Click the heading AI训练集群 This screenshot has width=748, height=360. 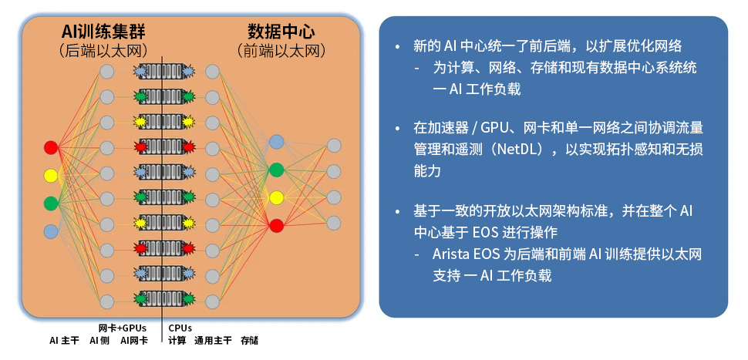(103, 32)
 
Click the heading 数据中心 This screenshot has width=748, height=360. (281, 32)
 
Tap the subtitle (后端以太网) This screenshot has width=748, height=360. (103, 51)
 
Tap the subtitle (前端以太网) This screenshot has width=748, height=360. (281, 51)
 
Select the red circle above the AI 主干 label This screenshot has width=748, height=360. (51, 147)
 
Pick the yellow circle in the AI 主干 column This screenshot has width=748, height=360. (51, 176)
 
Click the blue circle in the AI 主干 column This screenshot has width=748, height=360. (51, 230)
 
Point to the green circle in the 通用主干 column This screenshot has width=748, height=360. (276, 170)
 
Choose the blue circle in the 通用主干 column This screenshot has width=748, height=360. (276, 142)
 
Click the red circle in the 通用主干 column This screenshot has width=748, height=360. (276, 225)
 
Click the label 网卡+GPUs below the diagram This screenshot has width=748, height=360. (122, 328)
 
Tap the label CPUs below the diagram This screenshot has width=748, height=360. (180, 328)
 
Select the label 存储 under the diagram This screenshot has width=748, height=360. (249, 340)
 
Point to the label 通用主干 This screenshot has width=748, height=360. (213, 340)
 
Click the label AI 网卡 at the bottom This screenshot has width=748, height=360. (134, 340)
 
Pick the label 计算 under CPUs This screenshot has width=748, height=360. (177, 340)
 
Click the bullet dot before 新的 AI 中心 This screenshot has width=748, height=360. (397, 47)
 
